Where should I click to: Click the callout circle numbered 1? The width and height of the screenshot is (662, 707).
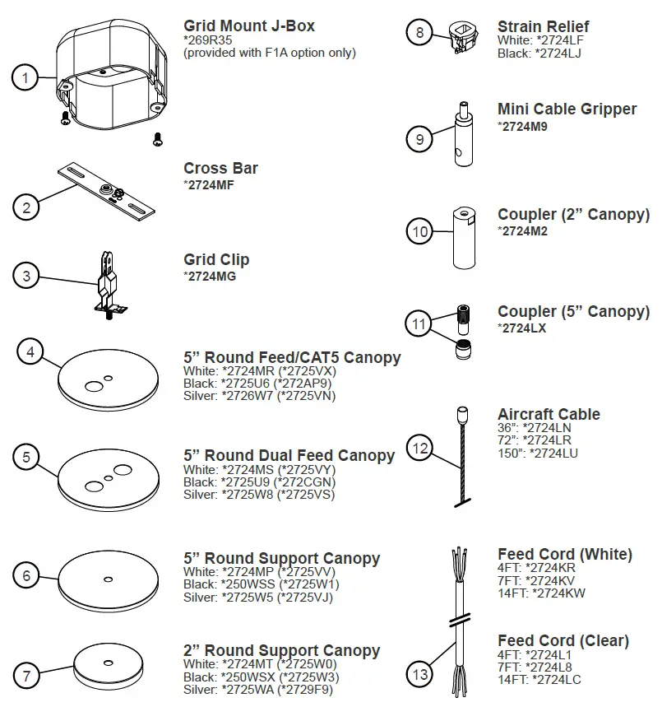(26, 79)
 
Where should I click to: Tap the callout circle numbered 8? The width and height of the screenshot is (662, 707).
(420, 33)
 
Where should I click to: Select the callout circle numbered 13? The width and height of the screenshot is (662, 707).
(420, 675)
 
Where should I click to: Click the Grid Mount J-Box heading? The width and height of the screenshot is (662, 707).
(248, 26)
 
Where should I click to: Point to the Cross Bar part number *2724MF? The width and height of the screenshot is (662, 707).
(209, 184)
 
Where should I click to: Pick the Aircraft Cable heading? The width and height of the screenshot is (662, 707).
(549, 414)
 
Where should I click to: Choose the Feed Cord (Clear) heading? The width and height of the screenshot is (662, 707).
(562, 640)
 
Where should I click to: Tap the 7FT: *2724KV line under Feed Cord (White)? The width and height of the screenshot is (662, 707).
(536, 580)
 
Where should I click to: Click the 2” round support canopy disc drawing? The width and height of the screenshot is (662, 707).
(109, 664)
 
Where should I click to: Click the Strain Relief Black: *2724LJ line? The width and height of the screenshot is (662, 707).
(539, 53)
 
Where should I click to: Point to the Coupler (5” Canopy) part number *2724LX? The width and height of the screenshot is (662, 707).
(522, 328)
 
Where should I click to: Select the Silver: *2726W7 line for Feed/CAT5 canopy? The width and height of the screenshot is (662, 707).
(259, 395)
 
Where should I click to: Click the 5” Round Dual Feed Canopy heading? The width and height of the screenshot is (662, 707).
(289, 455)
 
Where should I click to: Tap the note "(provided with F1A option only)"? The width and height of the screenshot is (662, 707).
(270, 53)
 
